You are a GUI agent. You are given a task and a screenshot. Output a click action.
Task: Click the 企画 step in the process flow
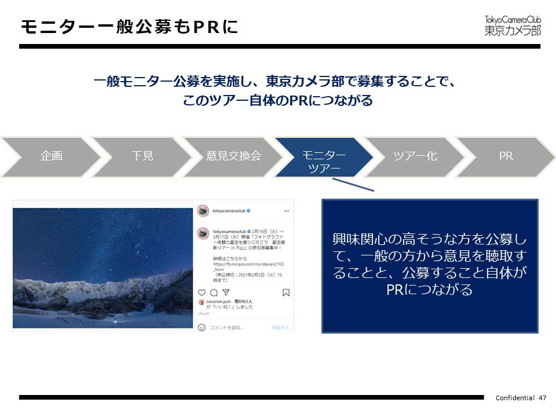coord(51,156)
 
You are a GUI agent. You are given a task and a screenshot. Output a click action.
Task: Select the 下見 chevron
coord(142,156)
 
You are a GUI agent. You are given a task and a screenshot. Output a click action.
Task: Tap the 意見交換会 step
coord(233,156)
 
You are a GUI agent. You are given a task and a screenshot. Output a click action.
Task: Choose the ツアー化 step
coord(415,156)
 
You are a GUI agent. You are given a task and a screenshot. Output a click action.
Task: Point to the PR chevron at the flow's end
coord(506,156)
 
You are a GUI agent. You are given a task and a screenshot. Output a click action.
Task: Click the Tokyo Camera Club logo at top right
coord(512,25)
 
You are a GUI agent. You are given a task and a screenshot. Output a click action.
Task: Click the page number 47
coord(543,398)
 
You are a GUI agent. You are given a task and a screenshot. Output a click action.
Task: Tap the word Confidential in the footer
coord(515,398)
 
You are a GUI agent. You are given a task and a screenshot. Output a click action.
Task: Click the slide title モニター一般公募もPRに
coord(129,27)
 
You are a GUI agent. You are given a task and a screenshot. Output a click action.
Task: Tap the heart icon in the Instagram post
coord(202,292)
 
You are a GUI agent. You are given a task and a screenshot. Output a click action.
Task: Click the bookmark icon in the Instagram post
coord(286,292)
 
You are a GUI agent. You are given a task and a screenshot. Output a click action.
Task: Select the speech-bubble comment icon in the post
coord(214,292)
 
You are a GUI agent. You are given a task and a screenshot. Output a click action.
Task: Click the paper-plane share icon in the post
coord(226,292)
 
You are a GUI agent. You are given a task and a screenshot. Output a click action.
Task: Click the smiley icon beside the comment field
coord(202,327)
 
